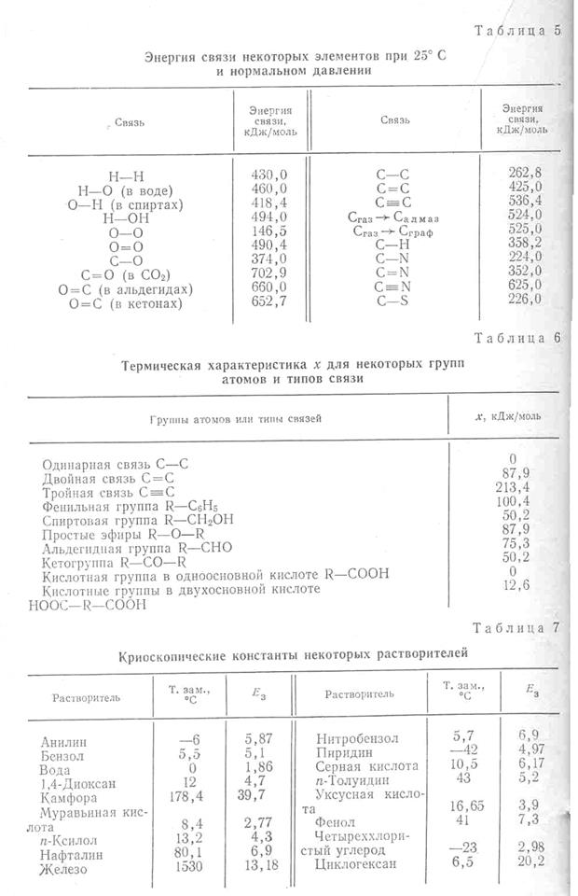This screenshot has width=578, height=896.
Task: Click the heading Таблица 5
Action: pos(517,30)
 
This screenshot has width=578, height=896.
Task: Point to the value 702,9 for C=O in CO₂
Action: pos(269,274)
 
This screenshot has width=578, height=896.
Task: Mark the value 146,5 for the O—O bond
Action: pos(269,231)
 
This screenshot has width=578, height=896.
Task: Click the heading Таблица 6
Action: pos(517,337)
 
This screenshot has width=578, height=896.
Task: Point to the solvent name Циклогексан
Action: pos(357,863)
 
